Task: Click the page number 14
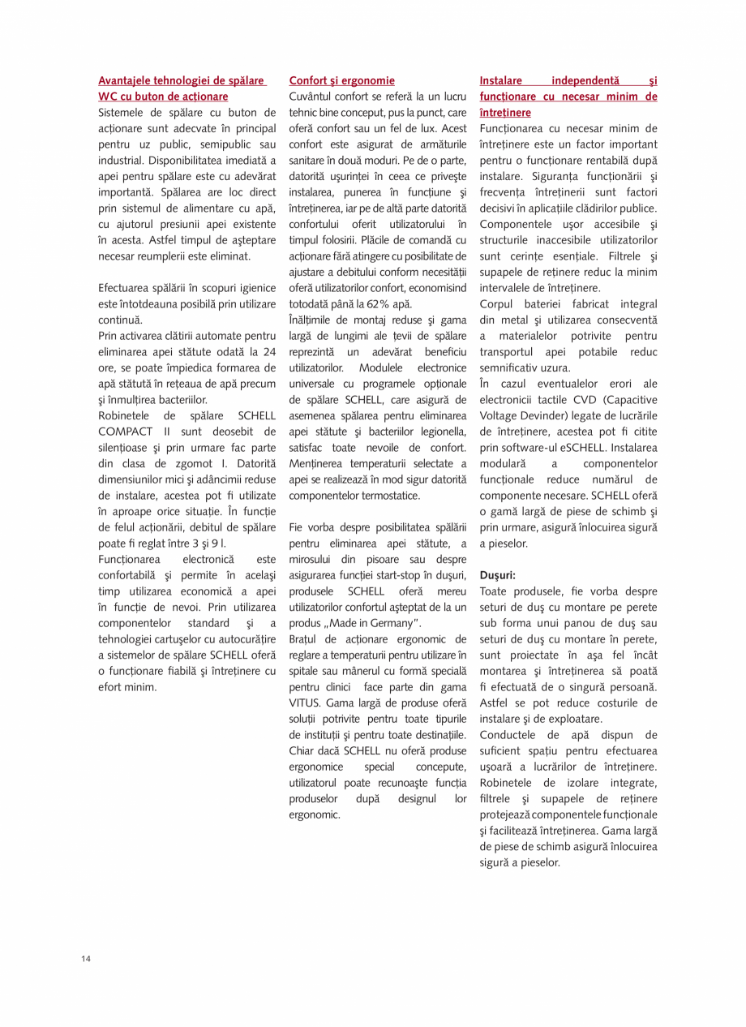[86, 960]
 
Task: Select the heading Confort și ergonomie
[341, 81]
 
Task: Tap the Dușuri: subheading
[498, 574]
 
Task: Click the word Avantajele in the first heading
[127, 81]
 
